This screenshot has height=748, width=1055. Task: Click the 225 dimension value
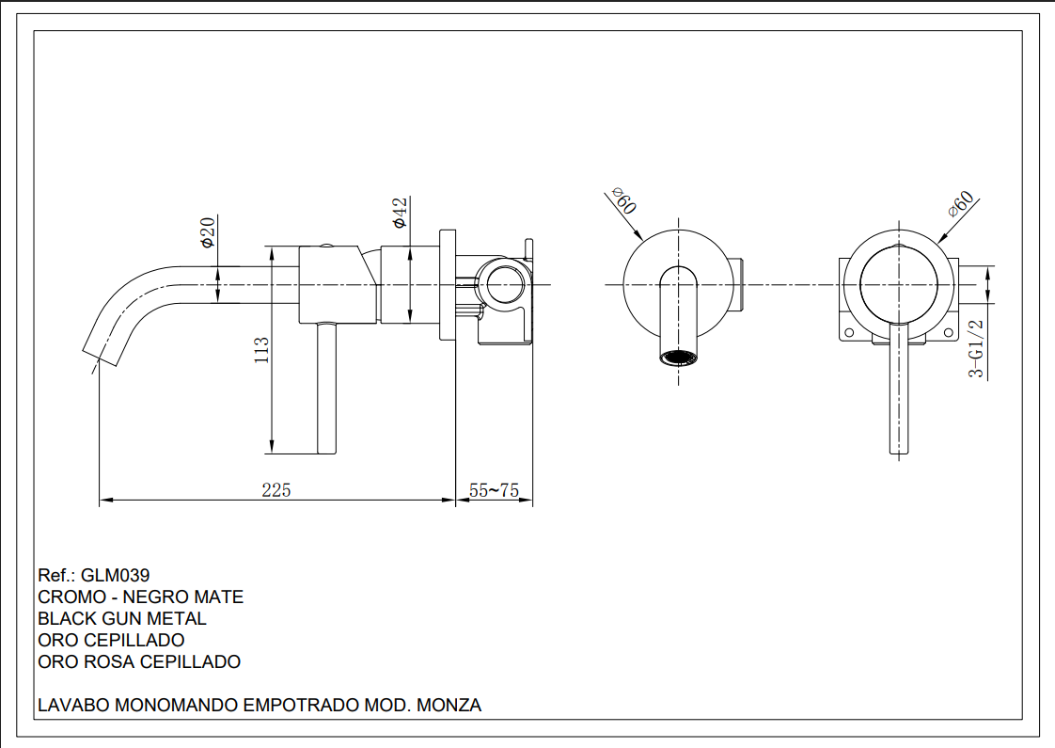coord(276,490)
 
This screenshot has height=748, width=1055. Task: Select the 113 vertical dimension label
coord(262,350)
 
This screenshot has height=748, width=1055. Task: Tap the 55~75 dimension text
coord(494,490)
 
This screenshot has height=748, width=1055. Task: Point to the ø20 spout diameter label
coord(208,231)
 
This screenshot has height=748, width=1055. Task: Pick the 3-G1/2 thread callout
coord(977,348)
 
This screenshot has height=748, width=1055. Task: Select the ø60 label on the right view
coord(961,204)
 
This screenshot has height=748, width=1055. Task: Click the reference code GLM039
coord(116,575)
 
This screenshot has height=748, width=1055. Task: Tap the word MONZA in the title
coord(449,705)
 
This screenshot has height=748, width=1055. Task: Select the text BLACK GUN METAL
coord(122,618)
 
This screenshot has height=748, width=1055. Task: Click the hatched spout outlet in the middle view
coord(679,358)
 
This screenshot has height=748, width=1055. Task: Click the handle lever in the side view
coord(325,388)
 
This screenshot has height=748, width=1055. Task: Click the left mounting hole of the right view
coord(849,333)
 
